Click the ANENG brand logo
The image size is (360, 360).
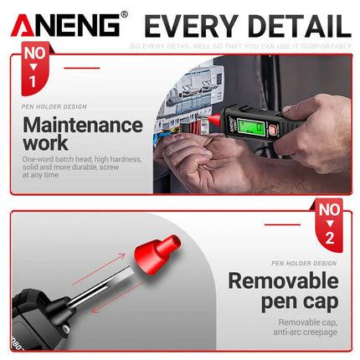pos(64,24)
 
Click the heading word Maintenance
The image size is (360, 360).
pos(83,126)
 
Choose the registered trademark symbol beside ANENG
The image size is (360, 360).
pos(124,13)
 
